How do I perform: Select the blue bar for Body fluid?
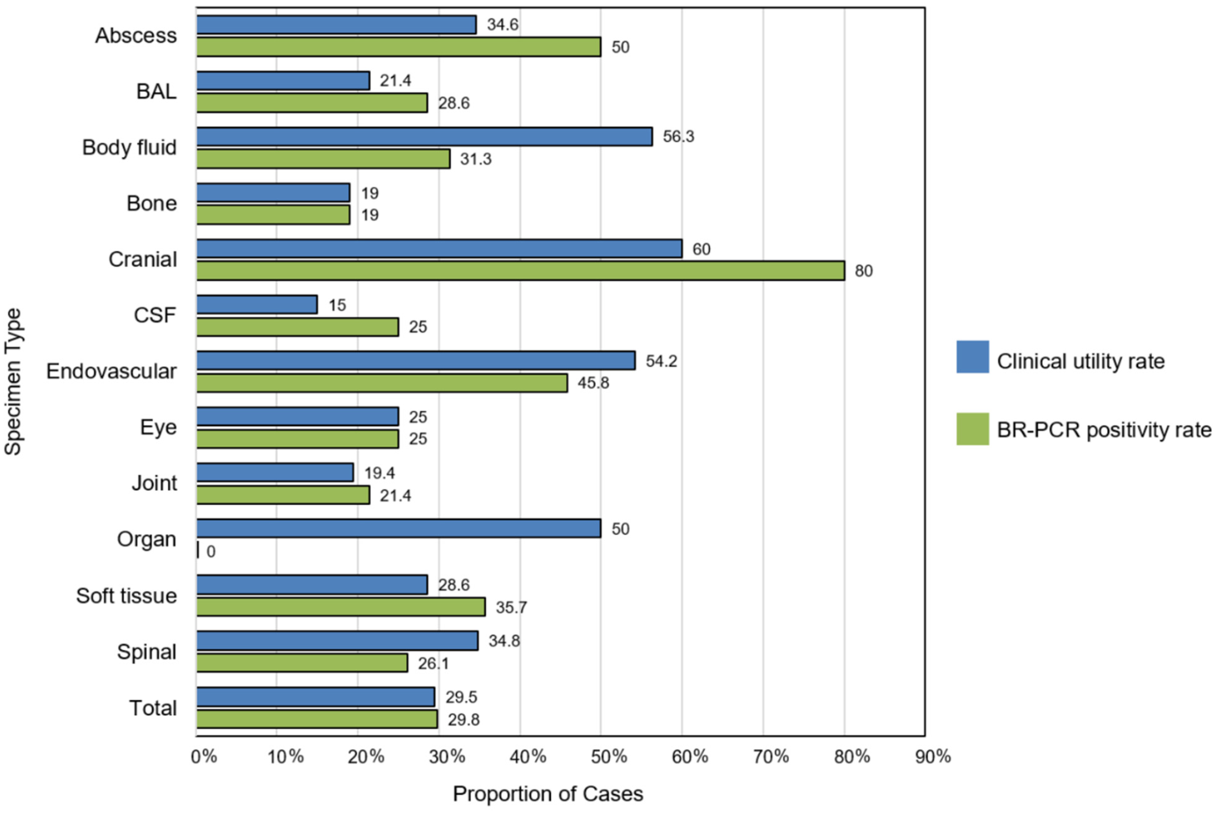point(424,137)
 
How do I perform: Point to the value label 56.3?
point(678,137)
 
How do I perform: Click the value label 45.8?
point(593,383)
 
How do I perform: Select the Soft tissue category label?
point(126,595)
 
